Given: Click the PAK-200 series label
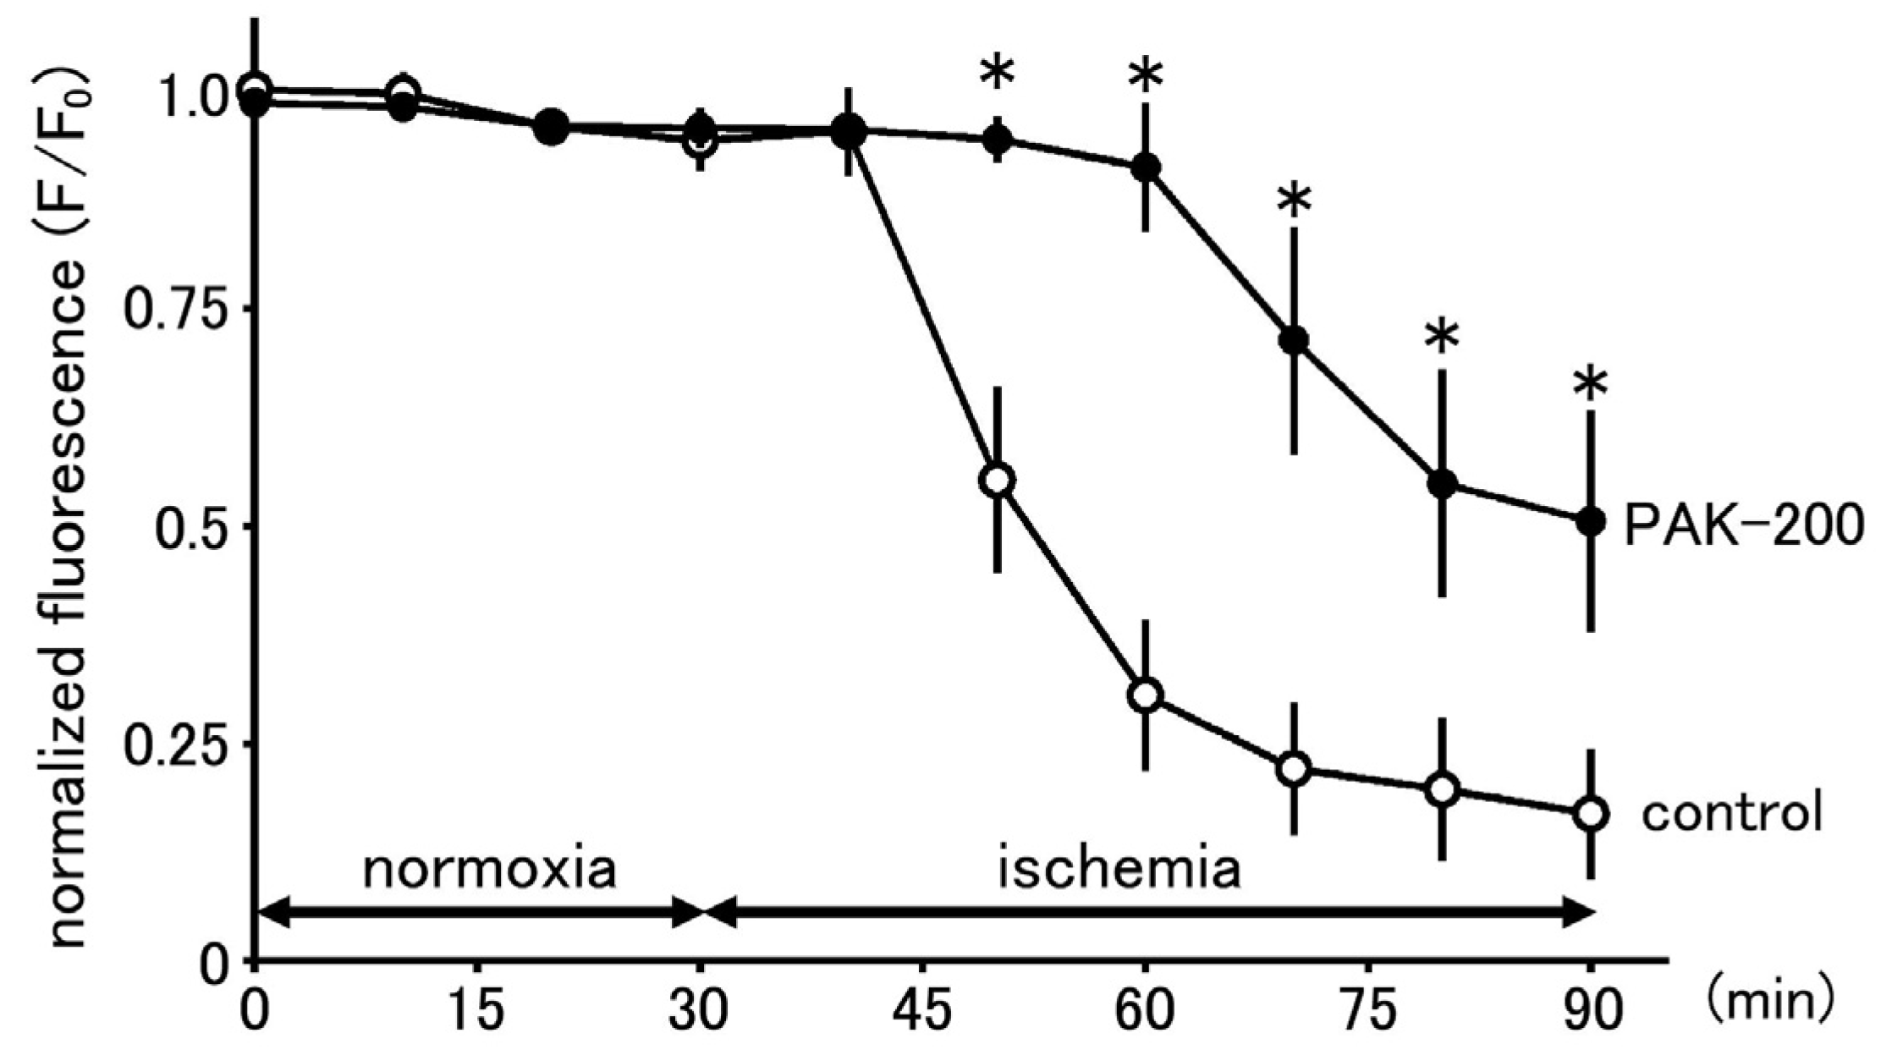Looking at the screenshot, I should [x=1743, y=525].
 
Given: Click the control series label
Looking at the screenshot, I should [x=1731, y=814].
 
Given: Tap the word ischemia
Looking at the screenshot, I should [x=1119, y=869].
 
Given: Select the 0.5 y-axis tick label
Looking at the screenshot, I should [x=190, y=526].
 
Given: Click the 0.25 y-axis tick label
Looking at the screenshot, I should [x=179, y=744].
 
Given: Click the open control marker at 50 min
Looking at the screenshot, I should [x=998, y=480].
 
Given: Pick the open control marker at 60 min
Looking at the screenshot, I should [x=1146, y=695].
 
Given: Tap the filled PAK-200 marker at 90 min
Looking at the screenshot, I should [x=1591, y=521].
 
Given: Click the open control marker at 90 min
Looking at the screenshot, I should [x=1591, y=814].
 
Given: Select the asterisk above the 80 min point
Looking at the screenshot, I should [x=1442, y=338].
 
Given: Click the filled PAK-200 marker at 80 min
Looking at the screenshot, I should [x=1442, y=484].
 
